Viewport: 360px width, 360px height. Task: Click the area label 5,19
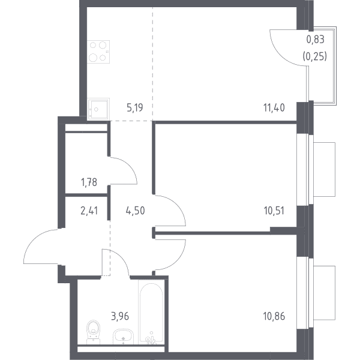[135, 107]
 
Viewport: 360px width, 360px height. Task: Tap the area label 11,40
[274, 107]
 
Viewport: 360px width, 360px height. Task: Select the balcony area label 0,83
[315, 40]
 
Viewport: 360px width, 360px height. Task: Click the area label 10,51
[274, 211]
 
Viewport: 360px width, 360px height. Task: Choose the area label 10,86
[274, 316]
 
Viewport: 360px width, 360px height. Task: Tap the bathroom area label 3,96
[120, 316]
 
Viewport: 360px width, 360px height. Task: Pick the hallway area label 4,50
[135, 211]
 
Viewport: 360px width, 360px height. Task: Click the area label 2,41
[89, 211]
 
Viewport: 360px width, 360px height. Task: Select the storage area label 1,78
[89, 182]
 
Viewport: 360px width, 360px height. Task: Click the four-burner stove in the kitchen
[98, 52]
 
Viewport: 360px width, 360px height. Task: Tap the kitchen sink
[98, 109]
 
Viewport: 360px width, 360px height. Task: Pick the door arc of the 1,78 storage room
[131, 165]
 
